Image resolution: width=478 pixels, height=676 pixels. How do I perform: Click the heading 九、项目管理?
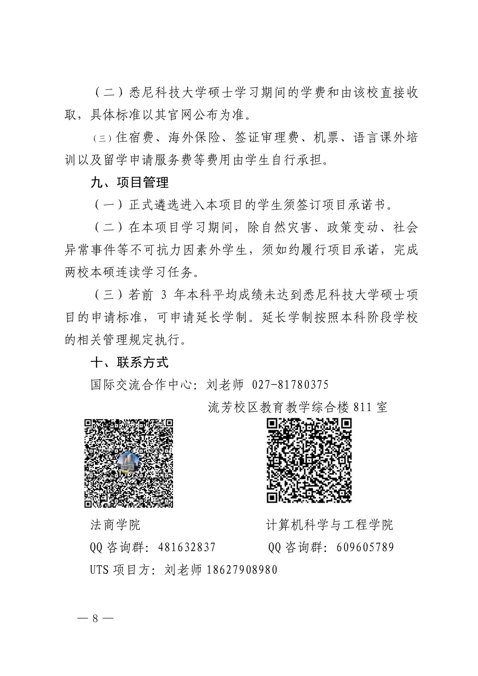click(x=129, y=182)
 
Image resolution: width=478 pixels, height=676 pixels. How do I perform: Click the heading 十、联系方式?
click(x=129, y=363)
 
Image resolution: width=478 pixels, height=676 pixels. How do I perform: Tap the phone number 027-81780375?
click(x=290, y=385)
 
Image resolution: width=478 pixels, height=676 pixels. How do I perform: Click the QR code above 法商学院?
click(x=129, y=463)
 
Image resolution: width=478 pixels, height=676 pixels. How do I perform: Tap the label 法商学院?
click(x=115, y=524)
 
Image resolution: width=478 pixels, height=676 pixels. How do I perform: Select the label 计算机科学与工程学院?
click(x=329, y=524)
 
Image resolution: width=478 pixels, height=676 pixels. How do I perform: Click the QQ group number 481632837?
click(x=187, y=547)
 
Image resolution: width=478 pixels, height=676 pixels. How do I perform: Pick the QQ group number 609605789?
click(x=365, y=547)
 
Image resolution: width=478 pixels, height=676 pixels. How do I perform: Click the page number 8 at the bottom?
click(x=95, y=618)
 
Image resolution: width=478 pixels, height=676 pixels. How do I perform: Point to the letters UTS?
click(x=99, y=570)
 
